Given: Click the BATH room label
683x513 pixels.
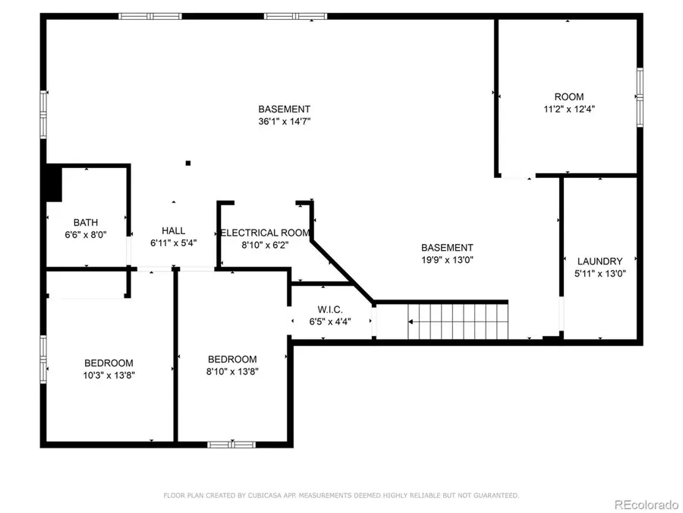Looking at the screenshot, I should point(86,223).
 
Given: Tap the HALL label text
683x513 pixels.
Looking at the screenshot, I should point(173,231).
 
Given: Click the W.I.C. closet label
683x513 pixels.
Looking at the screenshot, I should point(330,309).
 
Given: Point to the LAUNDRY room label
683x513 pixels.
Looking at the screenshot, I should point(600,261).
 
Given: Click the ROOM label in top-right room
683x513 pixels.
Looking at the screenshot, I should point(568,97).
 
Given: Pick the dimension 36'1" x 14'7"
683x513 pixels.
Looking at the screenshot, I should point(284,121).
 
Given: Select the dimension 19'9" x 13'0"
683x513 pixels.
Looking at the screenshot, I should point(447,259).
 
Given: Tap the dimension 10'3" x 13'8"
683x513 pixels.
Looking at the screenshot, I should point(109,375).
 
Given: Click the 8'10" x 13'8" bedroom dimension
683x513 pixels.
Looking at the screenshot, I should point(232,372).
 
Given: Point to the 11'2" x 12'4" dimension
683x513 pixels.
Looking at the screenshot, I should point(568,109).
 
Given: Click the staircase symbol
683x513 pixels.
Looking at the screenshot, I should point(456,321).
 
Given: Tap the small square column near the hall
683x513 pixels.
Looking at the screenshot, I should point(188,162).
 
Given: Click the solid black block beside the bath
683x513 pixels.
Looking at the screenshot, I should point(52,184).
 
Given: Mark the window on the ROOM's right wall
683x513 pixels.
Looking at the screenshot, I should point(640,95).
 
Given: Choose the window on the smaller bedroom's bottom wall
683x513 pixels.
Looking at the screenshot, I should point(225,444).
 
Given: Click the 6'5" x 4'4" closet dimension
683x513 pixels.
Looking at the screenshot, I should point(330,321).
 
